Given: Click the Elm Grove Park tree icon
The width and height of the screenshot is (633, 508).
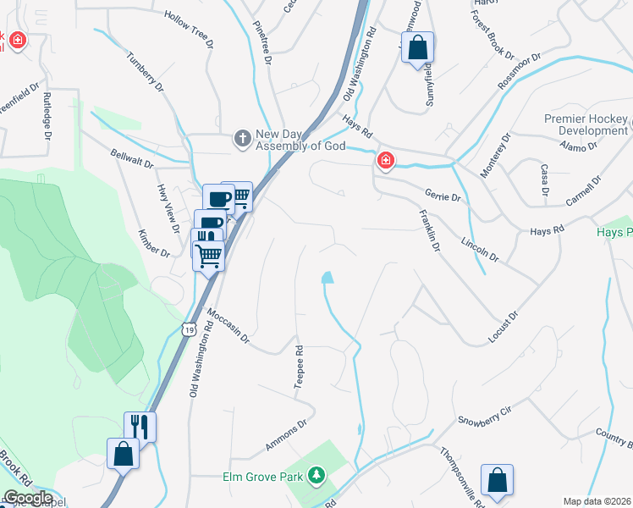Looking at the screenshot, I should click(x=316, y=476).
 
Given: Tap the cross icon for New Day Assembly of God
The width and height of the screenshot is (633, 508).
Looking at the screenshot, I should click(x=242, y=137).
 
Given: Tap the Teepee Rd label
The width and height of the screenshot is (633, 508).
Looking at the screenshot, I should click(x=298, y=367).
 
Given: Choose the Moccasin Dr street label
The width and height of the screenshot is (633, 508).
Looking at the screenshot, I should click(x=228, y=324).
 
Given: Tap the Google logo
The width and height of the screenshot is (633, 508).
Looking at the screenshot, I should click(x=28, y=498).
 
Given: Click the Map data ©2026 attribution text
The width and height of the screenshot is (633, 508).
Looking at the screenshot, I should click(x=597, y=500).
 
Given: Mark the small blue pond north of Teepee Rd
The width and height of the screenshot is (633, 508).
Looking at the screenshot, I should click(x=327, y=277).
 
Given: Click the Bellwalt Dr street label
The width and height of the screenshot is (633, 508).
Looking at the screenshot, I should click(x=132, y=157).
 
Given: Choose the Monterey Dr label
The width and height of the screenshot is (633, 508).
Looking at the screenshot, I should click(x=494, y=155).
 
